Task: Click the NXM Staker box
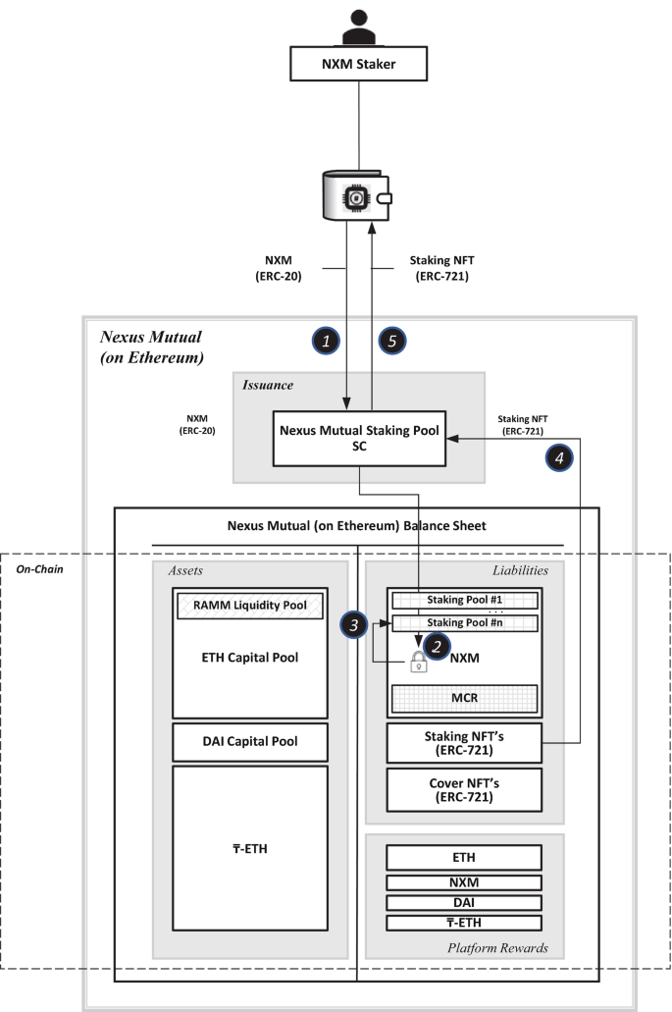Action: (359, 63)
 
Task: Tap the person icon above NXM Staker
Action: (359, 27)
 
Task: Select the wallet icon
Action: (357, 195)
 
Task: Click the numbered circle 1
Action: (326, 341)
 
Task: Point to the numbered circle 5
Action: (392, 341)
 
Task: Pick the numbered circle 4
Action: (559, 457)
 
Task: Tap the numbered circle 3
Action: (353, 624)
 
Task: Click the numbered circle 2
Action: (437, 646)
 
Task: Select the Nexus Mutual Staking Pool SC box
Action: (359, 438)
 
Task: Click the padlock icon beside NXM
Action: (419, 661)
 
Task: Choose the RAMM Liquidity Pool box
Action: (250, 606)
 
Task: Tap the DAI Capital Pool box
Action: (250, 741)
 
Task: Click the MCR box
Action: (464, 698)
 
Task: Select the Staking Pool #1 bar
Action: (464, 600)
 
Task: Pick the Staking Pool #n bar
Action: (464, 623)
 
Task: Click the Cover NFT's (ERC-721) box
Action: (464, 789)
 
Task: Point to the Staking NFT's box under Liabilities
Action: (464, 743)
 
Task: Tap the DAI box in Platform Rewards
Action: (464, 902)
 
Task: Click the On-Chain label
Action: (40, 569)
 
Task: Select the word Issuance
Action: (268, 386)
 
